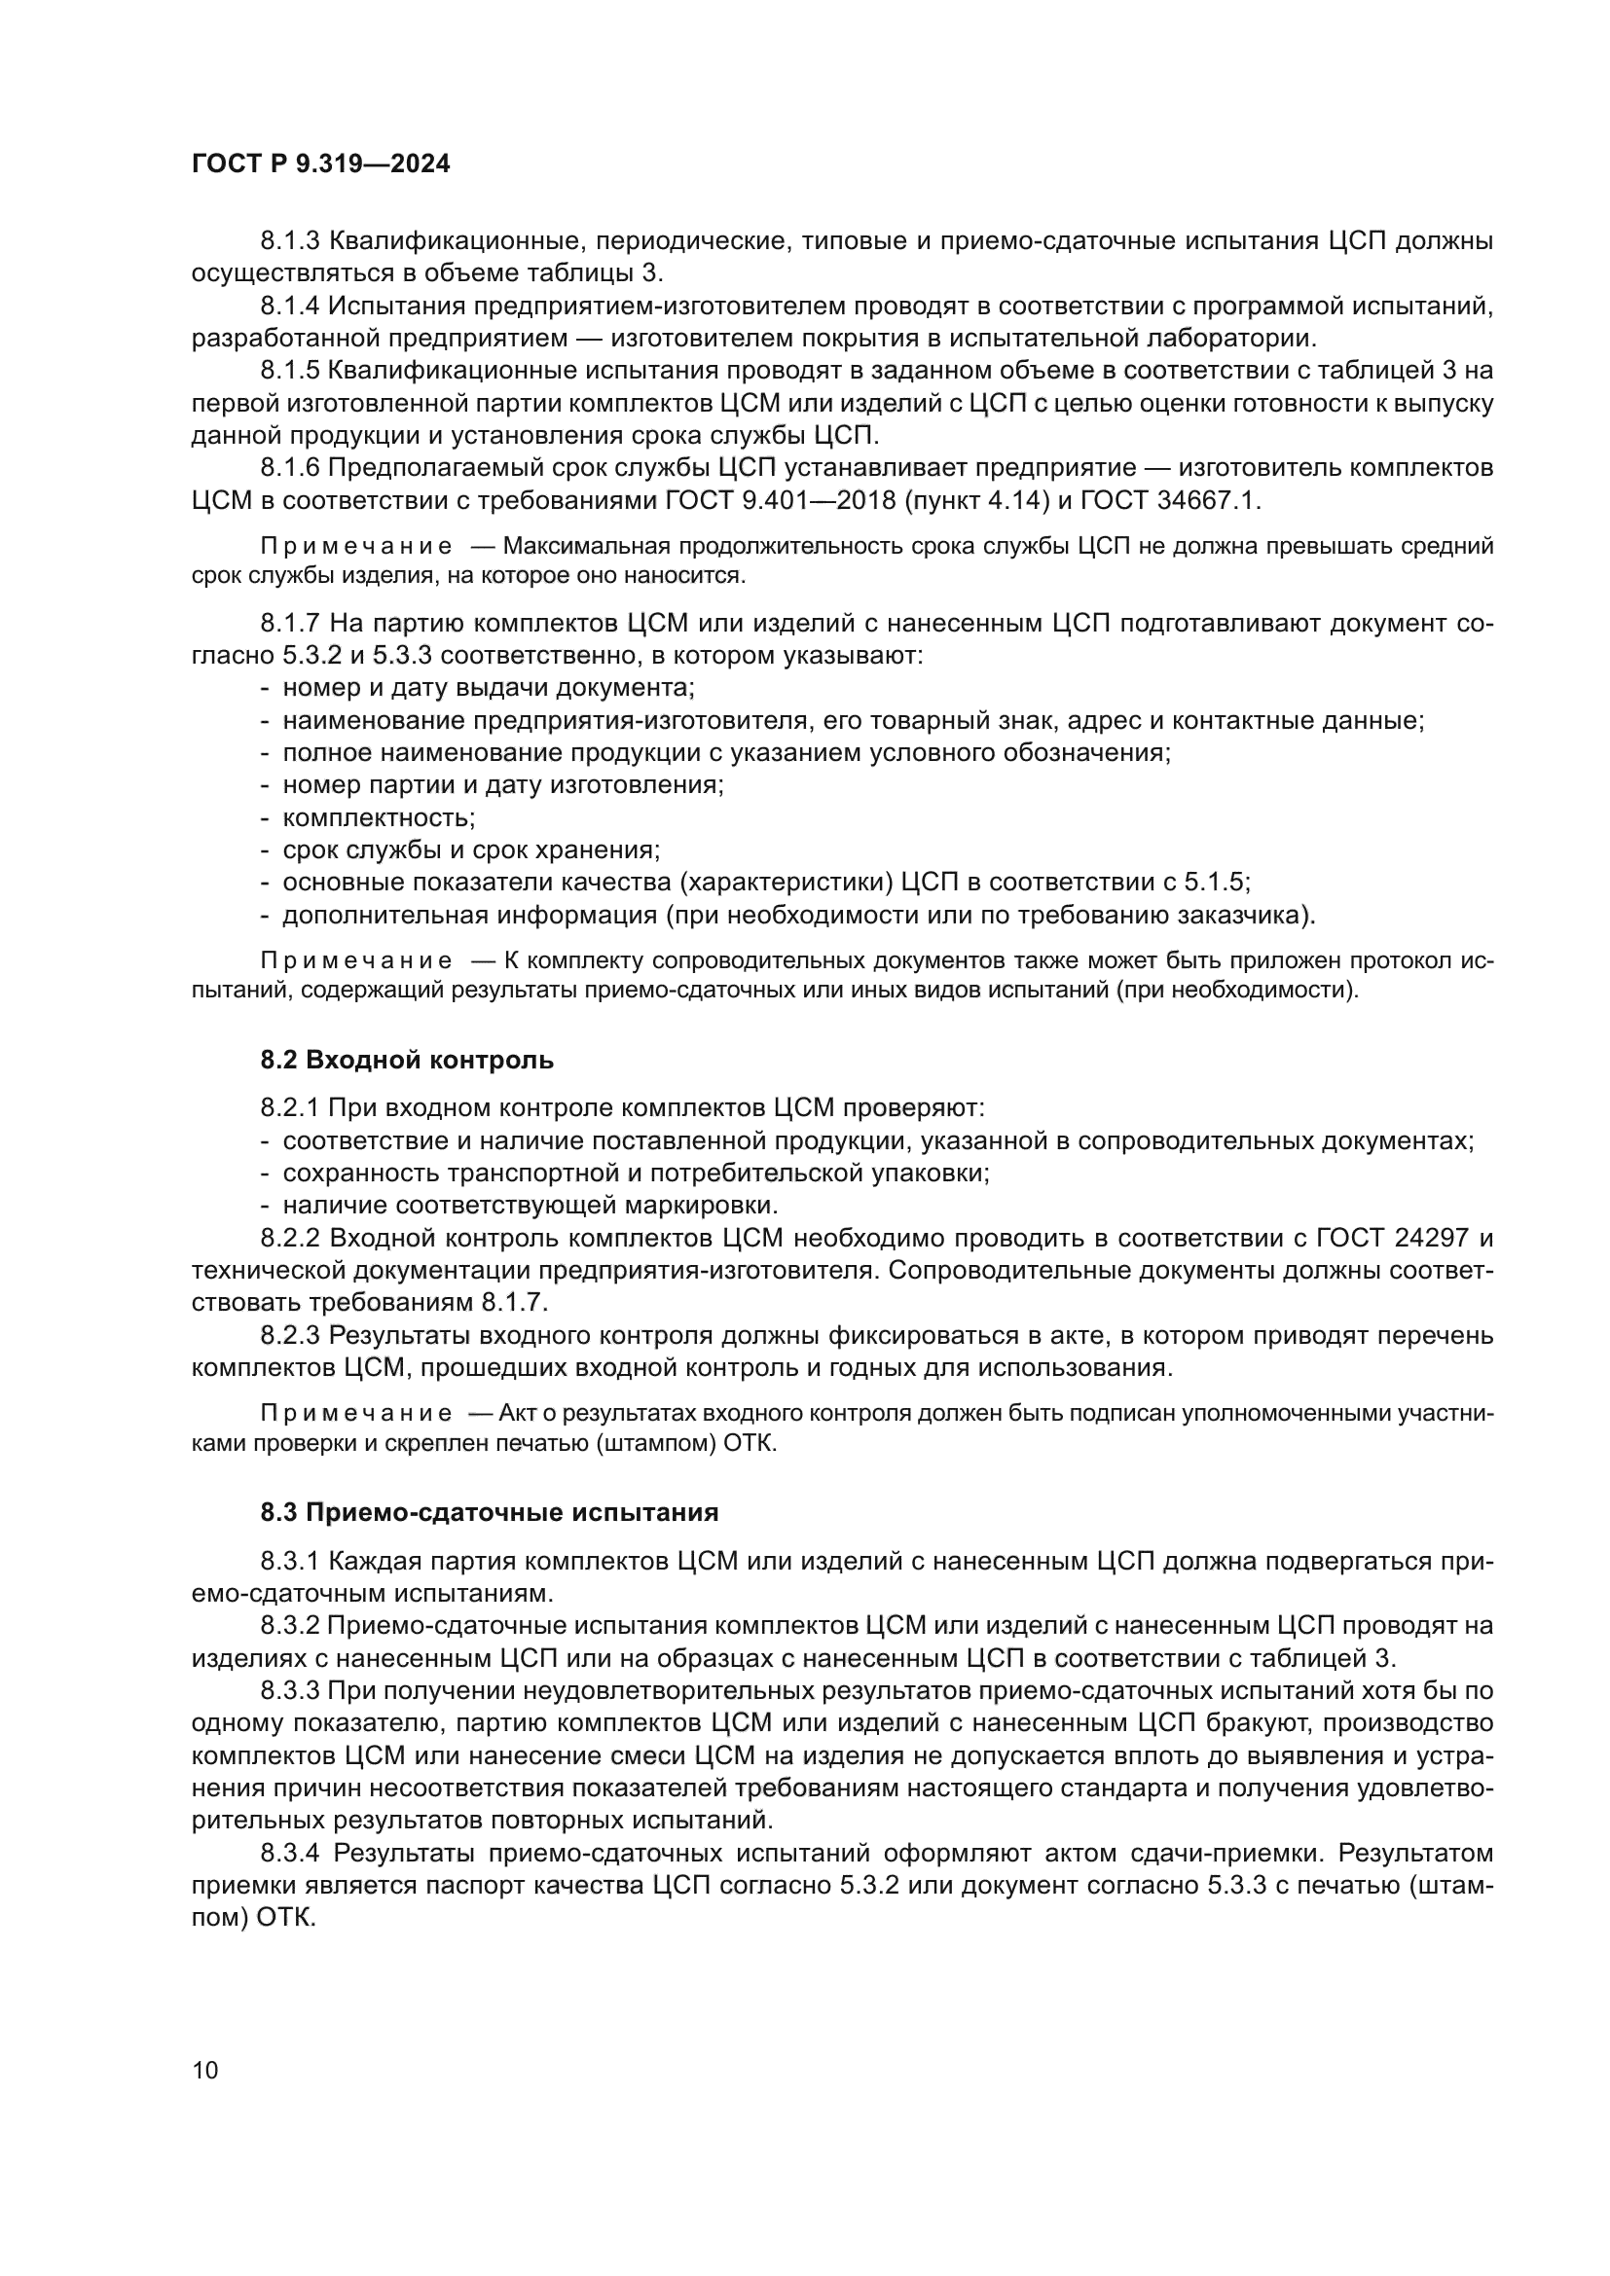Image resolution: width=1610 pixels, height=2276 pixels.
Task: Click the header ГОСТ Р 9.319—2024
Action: coord(320,163)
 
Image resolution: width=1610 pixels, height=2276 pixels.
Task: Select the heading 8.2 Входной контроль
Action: coord(407,1060)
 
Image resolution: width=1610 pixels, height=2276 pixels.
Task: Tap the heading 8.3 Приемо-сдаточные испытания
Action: coord(489,1512)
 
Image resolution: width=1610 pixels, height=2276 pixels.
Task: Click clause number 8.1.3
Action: coord(290,241)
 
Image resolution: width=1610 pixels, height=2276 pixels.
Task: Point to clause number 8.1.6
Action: coord(290,467)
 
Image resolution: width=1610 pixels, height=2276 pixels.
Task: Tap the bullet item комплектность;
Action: coord(379,817)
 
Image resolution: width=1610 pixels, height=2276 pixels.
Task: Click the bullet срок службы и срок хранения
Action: coord(471,849)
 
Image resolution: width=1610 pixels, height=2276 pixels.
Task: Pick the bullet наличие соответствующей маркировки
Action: coord(531,1206)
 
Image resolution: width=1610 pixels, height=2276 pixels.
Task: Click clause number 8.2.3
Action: coord(290,1335)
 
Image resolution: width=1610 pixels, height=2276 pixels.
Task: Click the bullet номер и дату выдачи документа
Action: coord(488,688)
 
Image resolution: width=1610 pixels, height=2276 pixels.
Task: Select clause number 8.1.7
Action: coord(290,624)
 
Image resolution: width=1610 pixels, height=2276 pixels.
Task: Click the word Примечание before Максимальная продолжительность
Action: coord(356,546)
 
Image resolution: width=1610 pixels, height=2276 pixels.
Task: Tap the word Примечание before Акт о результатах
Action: coord(356,1413)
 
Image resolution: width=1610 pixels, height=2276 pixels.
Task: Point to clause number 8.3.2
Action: coord(290,1625)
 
